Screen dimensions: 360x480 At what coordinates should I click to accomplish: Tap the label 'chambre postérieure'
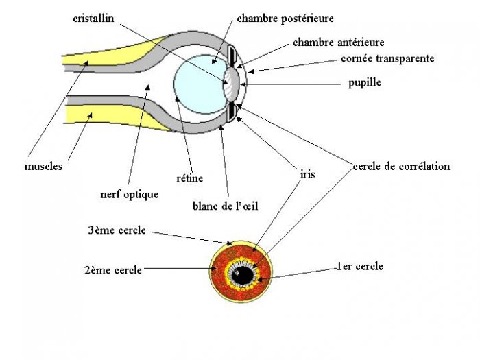coord(285,19)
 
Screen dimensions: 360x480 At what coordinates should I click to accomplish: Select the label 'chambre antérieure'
coord(338,43)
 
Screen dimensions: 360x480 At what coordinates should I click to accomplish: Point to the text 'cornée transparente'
coord(387,59)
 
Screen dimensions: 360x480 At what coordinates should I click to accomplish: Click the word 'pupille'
coord(364,83)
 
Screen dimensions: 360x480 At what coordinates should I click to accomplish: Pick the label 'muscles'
coord(43,167)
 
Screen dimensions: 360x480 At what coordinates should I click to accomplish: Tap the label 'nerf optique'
coord(129,194)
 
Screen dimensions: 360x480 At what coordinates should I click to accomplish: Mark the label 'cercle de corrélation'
coord(401,167)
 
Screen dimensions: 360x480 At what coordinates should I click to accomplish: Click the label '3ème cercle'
coord(116,230)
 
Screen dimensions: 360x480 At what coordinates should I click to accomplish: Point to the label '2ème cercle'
coord(112,270)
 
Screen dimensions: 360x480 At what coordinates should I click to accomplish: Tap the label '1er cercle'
coord(359,266)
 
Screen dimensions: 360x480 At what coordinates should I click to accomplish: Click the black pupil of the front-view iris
coord(241,275)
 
